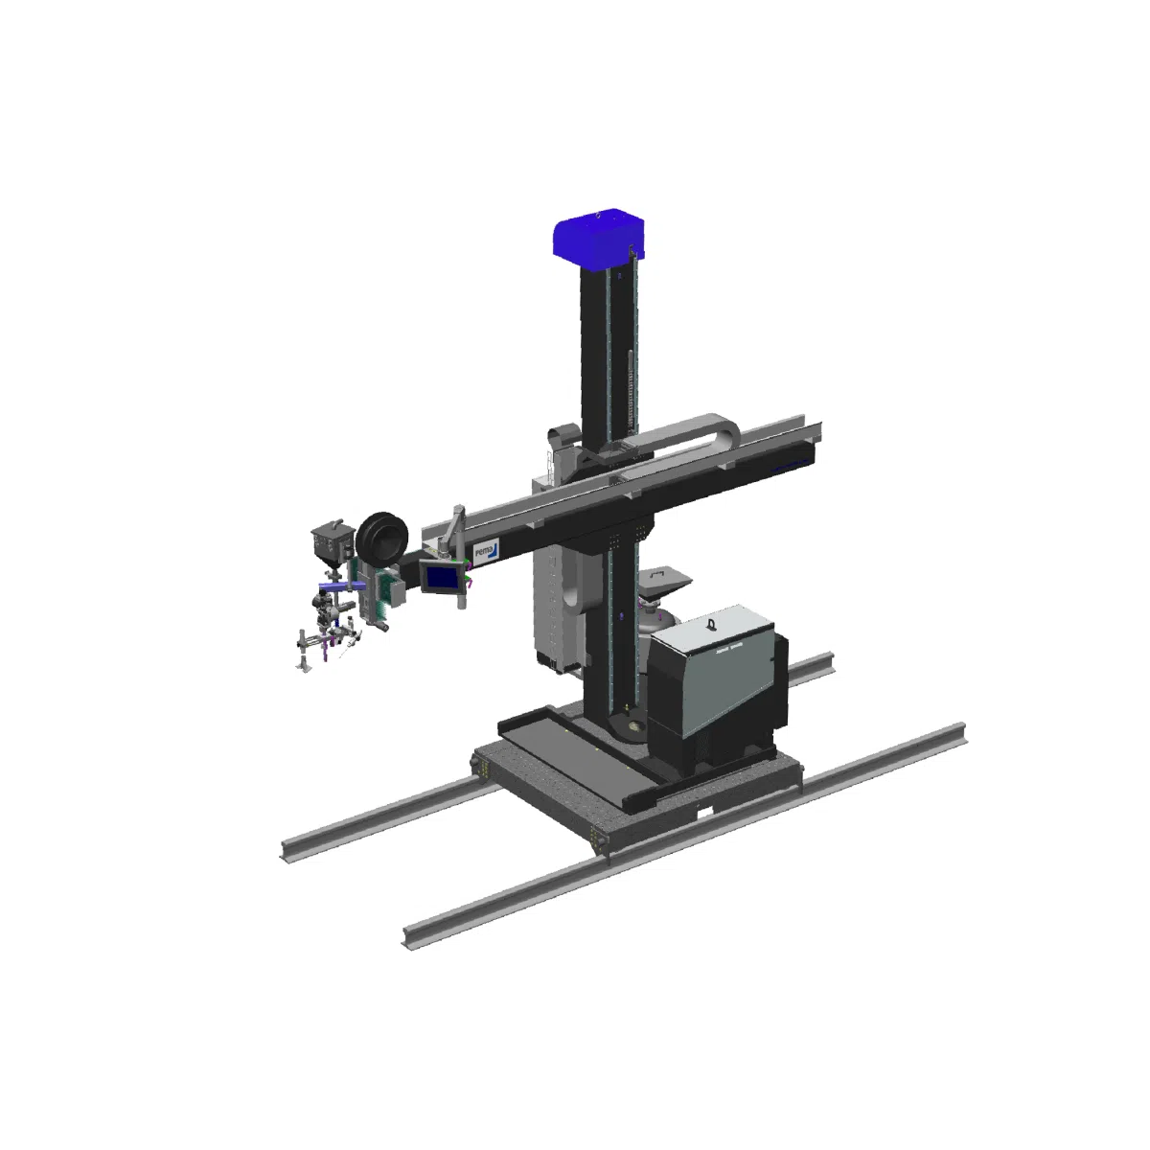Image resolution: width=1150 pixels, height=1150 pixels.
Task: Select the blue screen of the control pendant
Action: tap(443, 577)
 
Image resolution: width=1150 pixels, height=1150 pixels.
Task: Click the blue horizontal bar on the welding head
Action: tap(334, 586)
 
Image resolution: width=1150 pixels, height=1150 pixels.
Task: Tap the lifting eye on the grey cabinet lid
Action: tap(711, 623)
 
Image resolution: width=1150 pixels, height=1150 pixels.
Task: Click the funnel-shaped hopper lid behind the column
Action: tap(663, 579)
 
